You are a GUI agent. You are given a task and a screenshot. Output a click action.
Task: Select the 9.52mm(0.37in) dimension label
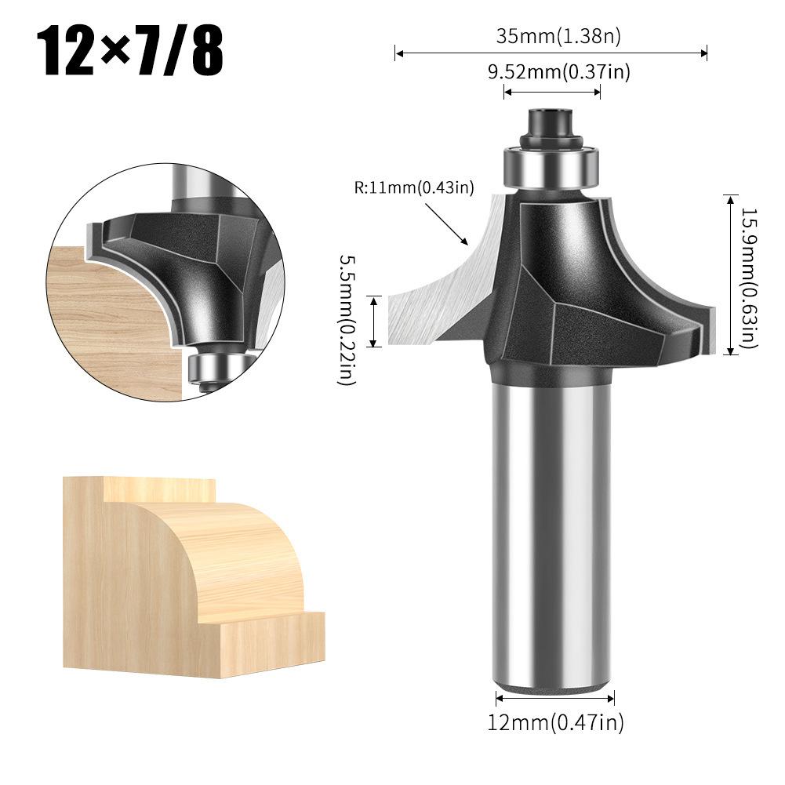pos(558,72)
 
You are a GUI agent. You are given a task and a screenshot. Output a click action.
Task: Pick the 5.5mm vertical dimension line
pos(377,320)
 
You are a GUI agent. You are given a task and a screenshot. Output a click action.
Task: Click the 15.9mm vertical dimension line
pos(731,274)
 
